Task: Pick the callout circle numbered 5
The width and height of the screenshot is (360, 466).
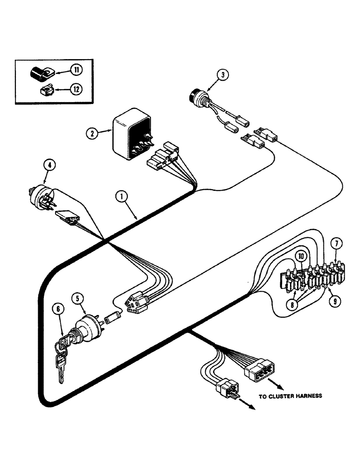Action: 77,298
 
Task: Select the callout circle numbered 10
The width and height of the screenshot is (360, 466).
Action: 301,256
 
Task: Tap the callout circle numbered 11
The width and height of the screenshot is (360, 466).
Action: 76,70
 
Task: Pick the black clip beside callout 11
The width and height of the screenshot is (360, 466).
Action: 40,73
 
